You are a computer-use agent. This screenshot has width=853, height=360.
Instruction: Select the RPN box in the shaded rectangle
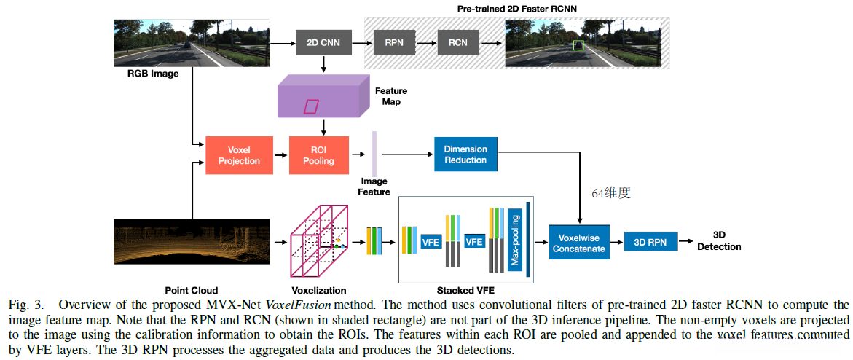pyautogui.click(x=393, y=42)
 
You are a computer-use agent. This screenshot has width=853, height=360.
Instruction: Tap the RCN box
pyautogui.click(x=457, y=42)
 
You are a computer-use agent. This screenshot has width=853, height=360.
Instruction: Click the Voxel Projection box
pyautogui.click(x=239, y=155)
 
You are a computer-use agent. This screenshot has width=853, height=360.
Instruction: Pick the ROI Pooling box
pyautogui.click(x=318, y=155)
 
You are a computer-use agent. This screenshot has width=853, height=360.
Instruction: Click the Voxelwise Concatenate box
pyautogui.click(x=579, y=243)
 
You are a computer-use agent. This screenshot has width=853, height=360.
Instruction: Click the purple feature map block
pyautogui.click(x=318, y=99)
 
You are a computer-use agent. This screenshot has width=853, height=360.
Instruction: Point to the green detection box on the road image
pyautogui.click(x=578, y=46)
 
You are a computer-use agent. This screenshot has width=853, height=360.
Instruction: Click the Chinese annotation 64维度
pyautogui.click(x=610, y=193)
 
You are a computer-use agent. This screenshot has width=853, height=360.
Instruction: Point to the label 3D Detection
pyautogui.click(x=718, y=241)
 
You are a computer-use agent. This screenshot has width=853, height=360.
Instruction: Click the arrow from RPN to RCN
pyautogui.click(x=425, y=43)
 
